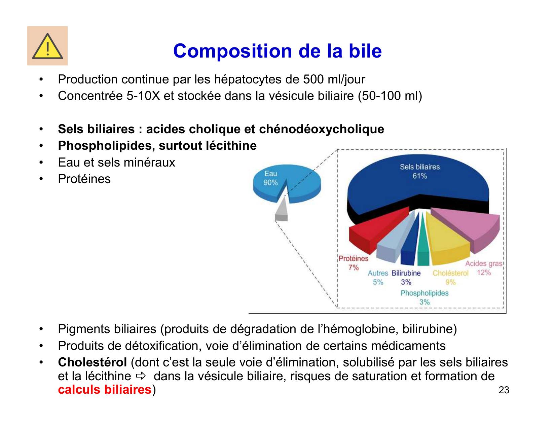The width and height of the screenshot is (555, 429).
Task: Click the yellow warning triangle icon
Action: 47,46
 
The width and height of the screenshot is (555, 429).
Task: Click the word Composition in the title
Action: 232,51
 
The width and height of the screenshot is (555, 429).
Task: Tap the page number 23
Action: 504,390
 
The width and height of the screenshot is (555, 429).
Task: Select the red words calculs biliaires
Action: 104,389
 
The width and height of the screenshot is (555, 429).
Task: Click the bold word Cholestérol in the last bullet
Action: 92,362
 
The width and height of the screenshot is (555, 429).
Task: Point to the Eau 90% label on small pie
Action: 270,178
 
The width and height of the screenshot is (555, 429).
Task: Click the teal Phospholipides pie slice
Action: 423,246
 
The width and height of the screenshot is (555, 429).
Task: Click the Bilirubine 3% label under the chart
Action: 406,278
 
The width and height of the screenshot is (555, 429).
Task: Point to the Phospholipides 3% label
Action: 424,297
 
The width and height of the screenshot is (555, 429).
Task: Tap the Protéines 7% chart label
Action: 353,263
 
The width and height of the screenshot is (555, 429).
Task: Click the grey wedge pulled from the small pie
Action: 282,212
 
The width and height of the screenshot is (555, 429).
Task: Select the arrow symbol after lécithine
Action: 141,376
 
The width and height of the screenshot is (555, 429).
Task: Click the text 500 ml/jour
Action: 334,79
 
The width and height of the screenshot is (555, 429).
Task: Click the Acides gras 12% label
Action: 484,268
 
